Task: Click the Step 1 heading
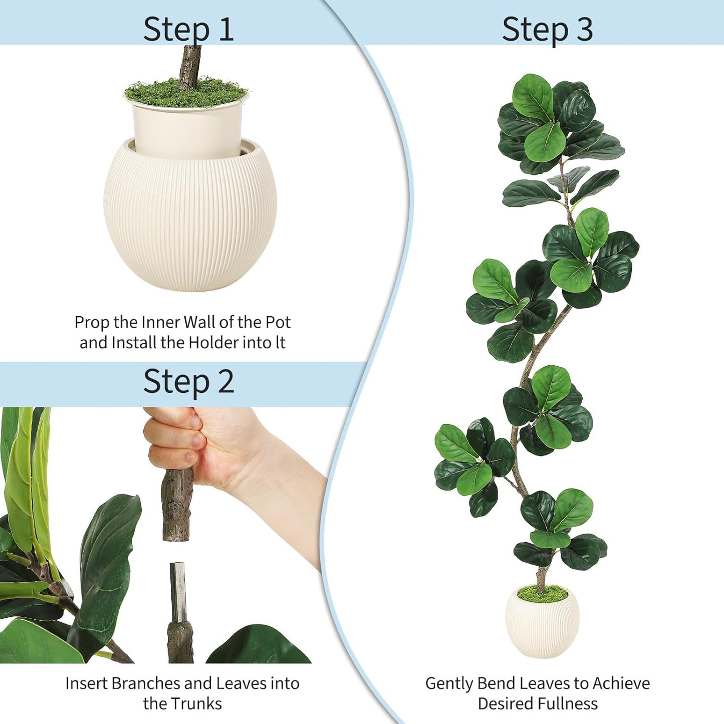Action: (x=188, y=29)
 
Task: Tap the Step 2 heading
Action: (x=188, y=382)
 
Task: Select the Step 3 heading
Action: (x=547, y=29)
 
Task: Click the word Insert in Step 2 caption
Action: (x=87, y=683)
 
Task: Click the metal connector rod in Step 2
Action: (x=177, y=591)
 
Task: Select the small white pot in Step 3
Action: (x=542, y=626)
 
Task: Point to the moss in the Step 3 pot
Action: (x=542, y=594)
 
